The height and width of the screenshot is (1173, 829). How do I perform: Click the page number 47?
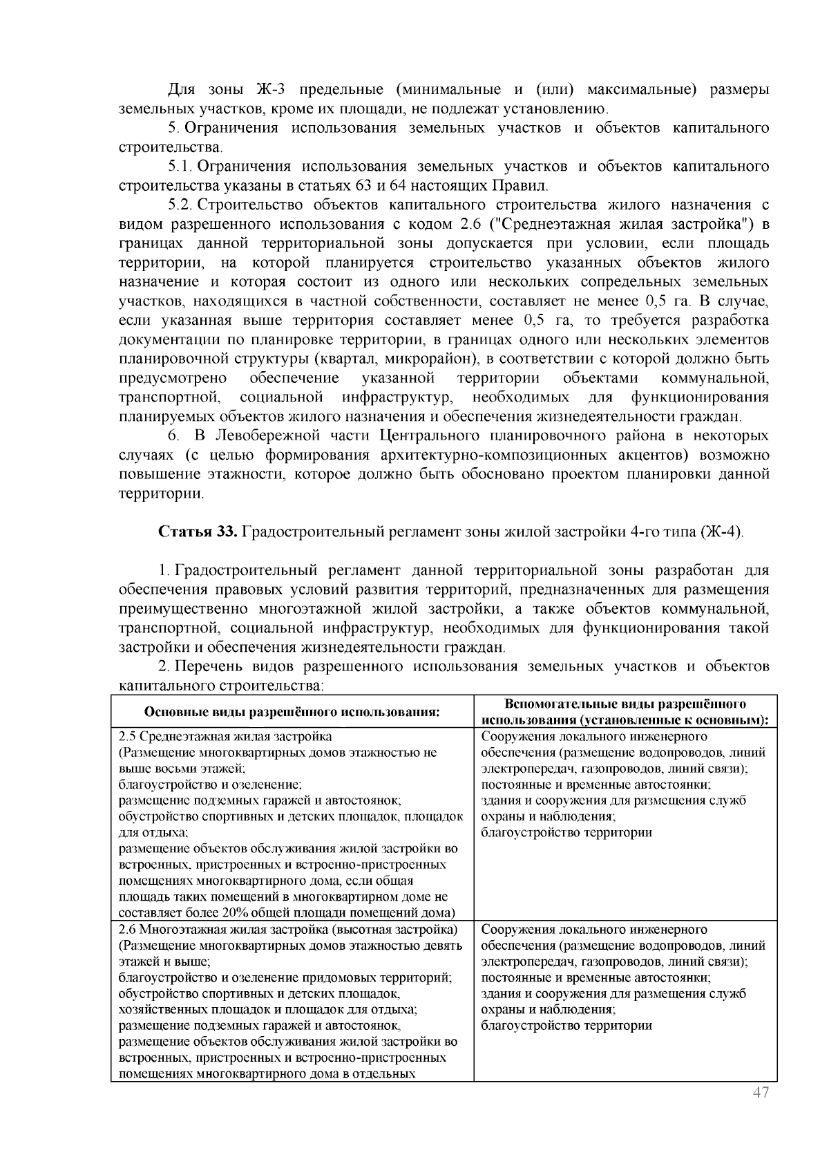coord(761,1093)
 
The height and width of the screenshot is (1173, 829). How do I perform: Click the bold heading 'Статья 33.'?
coord(198,532)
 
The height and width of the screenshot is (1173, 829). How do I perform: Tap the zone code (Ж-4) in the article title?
coord(723,532)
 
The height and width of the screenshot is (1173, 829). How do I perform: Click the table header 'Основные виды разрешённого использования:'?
coord(292,713)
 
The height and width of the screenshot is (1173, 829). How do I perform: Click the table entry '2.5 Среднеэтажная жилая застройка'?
coord(225,736)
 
